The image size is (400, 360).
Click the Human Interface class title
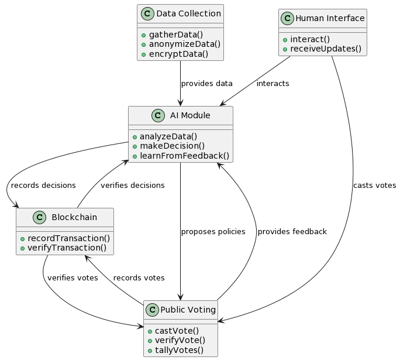330,18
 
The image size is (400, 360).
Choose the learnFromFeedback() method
184,156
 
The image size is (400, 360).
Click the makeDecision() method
172,146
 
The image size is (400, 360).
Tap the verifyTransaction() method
67,248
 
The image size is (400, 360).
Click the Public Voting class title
188,310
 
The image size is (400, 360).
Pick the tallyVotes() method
179,350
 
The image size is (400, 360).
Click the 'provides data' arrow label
206,84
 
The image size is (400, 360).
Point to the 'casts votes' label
374,186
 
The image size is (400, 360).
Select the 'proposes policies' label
213,232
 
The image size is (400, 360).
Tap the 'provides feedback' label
292,232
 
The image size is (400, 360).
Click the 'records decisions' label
43,186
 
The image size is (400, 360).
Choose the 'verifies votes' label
73,278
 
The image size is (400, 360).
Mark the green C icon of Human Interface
287,18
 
